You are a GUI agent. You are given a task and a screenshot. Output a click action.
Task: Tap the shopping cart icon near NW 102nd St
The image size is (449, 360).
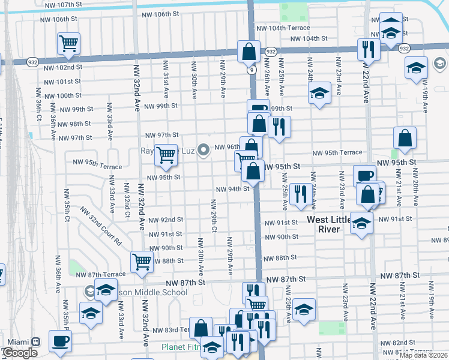click(x=69, y=43)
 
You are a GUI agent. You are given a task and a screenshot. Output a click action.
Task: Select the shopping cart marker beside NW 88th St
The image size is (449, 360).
click(x=142, y=261)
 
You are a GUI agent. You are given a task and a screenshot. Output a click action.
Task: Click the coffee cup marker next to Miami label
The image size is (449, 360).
click(x=60, y=341)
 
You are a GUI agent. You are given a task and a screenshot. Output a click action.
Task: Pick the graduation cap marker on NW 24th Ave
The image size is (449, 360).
click(x=319, y=93)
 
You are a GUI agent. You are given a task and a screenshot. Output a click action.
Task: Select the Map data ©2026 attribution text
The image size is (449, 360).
click(x=424, y=355)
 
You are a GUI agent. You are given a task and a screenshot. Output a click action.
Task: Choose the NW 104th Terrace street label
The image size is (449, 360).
click(x=283, y=28)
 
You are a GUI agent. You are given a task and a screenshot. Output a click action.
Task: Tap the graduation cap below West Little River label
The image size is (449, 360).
click(x=361, y=223)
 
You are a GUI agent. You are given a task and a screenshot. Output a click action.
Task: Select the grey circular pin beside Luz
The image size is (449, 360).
click(x=203, y=150)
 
